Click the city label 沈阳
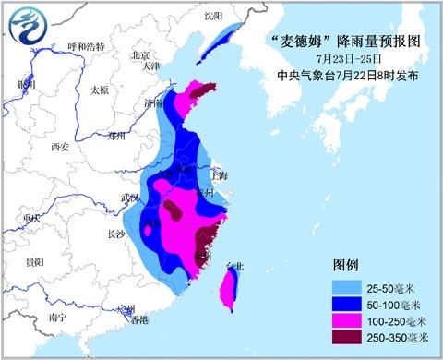[x=213, y=16]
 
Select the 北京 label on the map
[x=139, y=54]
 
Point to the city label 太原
[x=100, y=90]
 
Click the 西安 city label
[x=60, y=146]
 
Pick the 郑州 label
[x=116, y=136]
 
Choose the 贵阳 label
[x=34, y=262]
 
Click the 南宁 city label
[x=58, y=318]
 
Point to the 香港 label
[x=138, y=320]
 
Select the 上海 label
[x=219, y=174]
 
